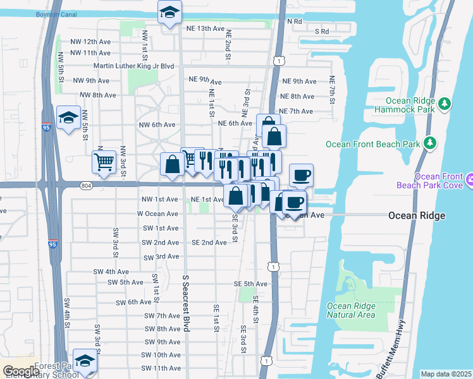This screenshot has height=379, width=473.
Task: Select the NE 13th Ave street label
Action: point(206,28)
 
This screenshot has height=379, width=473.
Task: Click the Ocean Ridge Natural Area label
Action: point(350,310)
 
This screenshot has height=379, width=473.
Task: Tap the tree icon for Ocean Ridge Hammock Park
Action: point(445,103)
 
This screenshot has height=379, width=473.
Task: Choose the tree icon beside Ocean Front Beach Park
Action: point(429,143)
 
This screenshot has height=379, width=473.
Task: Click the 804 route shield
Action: point(87,185)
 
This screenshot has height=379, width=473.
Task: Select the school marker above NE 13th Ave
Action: point(169,12)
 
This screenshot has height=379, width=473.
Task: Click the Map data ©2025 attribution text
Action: point(446,374)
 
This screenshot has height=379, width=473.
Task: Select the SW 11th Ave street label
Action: point(161,368)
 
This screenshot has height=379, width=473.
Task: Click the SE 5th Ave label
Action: point(250,284)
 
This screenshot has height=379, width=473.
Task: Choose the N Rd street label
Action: point(295,21)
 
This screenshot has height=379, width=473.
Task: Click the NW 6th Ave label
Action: point(157,124)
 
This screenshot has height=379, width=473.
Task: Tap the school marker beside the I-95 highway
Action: point(68,117)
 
